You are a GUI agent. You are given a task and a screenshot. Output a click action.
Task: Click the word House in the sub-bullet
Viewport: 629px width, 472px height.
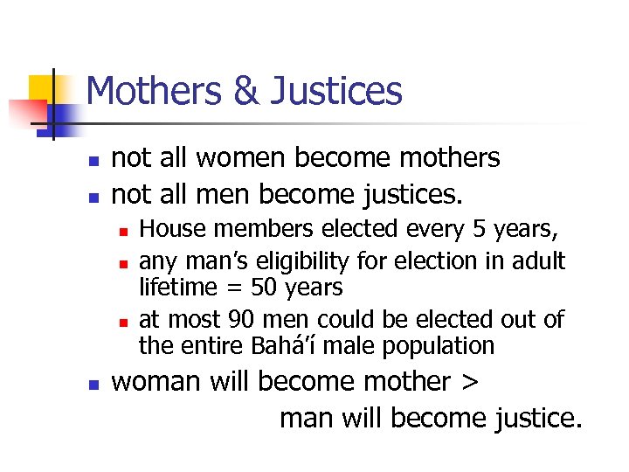click(168, 229)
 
